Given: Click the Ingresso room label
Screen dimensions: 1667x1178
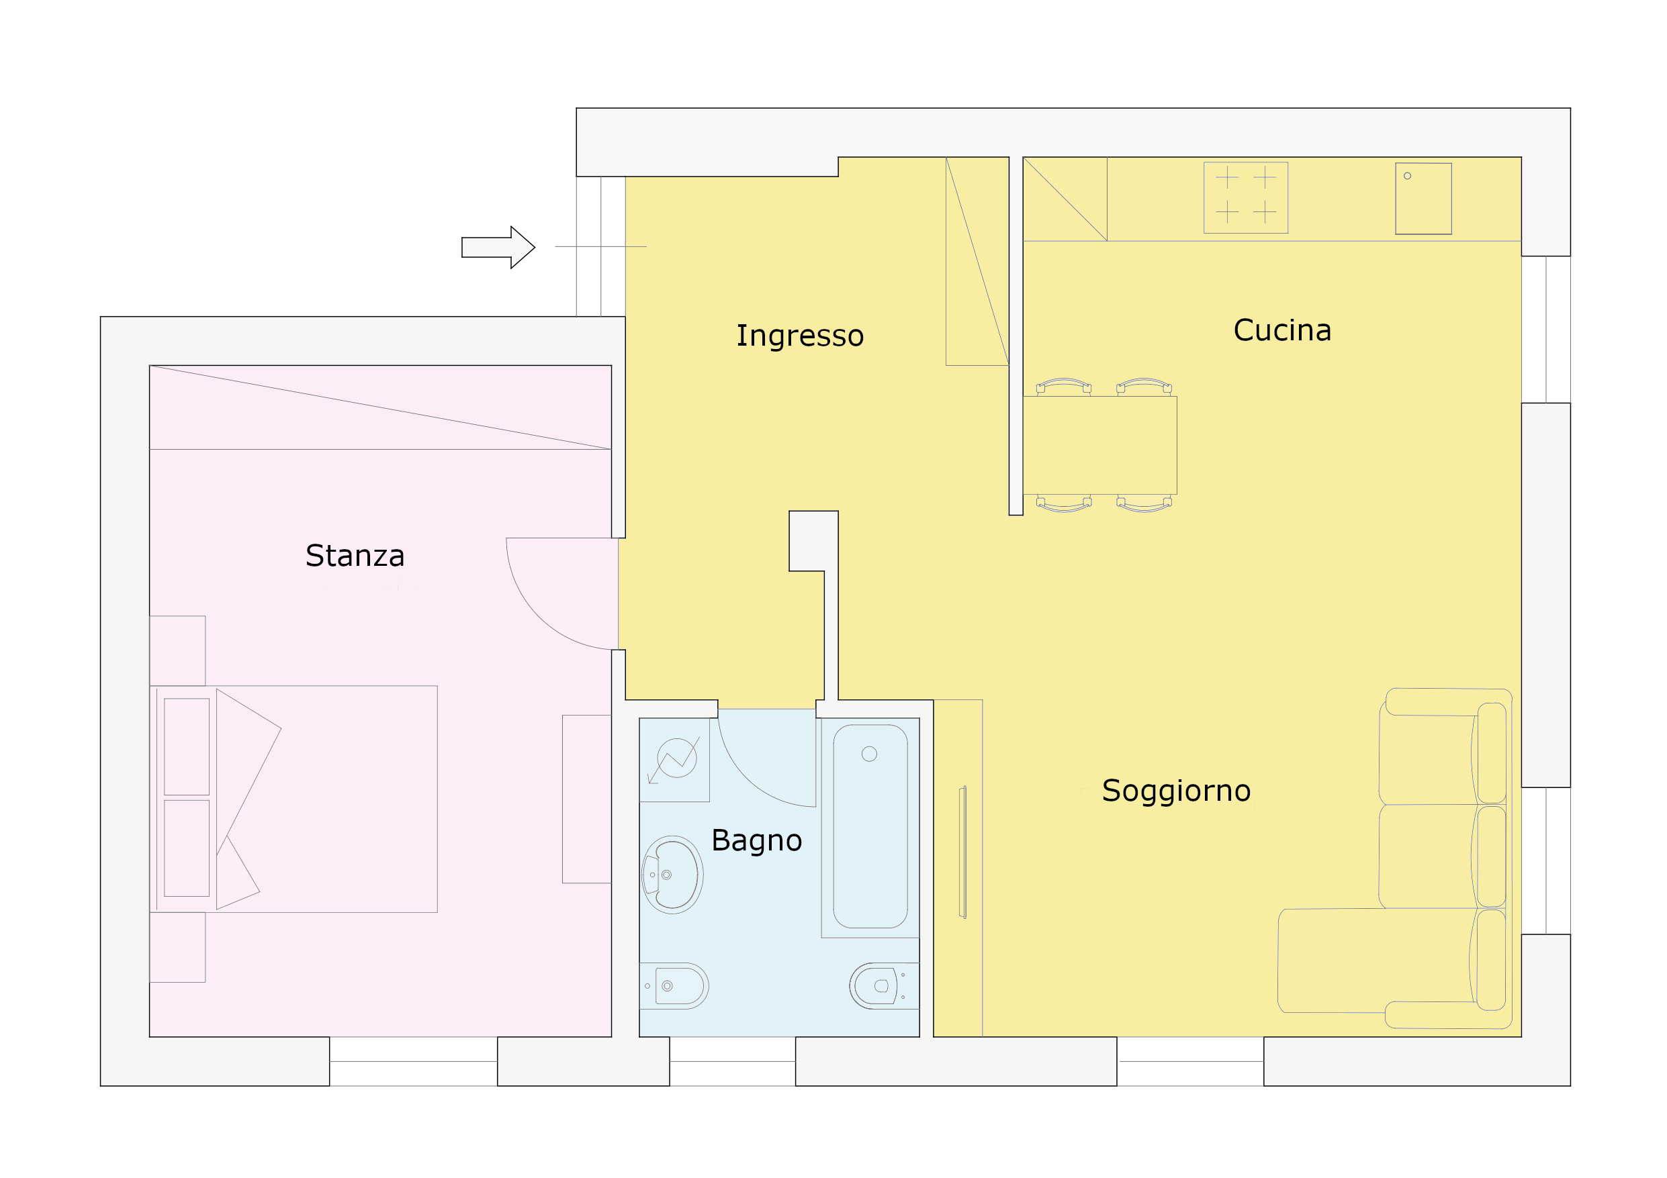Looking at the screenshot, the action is point(800,336).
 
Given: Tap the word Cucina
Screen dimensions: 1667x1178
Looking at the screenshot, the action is point(1282,330).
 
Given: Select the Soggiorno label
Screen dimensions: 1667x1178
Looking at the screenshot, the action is point(1176,791).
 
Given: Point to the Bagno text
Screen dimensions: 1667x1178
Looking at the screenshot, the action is point(756,840).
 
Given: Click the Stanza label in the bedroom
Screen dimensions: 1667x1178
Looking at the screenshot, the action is point(355,556).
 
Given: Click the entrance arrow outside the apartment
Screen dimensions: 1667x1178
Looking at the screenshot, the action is point(498,248).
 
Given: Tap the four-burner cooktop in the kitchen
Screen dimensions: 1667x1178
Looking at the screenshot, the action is point(1246,197).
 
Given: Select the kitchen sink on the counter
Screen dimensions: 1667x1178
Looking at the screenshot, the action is point(1423,198).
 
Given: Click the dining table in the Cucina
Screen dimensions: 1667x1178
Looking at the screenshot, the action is point(1100,446).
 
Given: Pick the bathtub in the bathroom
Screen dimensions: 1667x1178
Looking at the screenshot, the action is point(870,827).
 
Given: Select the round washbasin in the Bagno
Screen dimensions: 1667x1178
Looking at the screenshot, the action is point(672,875).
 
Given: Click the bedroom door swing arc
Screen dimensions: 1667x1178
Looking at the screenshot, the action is point(537,617).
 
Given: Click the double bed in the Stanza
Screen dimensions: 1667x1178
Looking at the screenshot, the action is point(294,799).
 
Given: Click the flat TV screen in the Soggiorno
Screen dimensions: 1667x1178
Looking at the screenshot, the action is point(962,852).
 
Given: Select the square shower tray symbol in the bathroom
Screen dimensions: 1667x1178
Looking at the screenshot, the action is point(674,760).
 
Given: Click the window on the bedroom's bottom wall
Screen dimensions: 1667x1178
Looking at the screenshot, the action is point(414,1061).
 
